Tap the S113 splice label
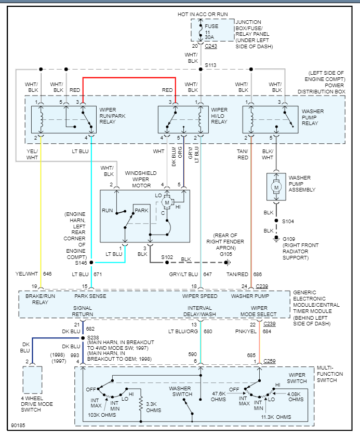[x=210, y=65]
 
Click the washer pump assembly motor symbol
[x=276, y=187]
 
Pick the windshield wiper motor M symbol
[x=167, y=202]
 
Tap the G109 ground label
[x=288, y=239]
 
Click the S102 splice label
[x=167, y=257]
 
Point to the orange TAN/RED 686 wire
[x=251, y=208]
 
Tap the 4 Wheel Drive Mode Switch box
[x=32, y=380]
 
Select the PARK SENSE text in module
[x=90, y=296]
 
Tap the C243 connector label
[x=211, y=46]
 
